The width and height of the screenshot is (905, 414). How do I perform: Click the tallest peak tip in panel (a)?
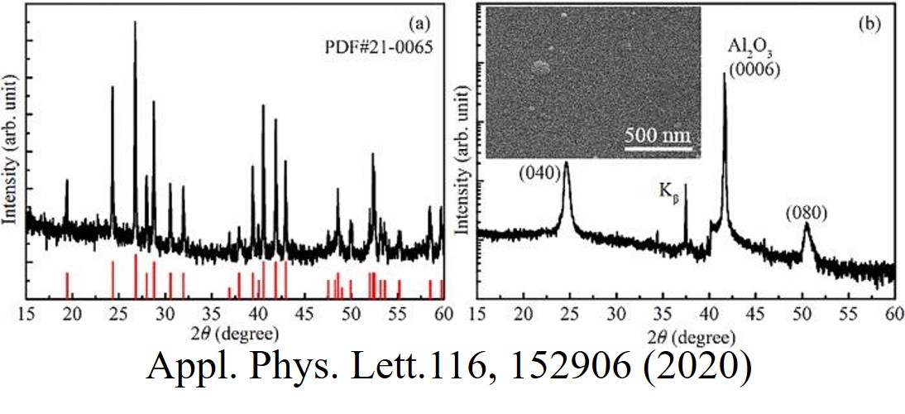point(135,22)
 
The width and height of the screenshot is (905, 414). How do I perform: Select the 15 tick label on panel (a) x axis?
point(26,315)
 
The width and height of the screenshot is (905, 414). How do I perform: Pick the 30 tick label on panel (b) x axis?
point(616,315)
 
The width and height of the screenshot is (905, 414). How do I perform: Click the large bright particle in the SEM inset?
point(541,65)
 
